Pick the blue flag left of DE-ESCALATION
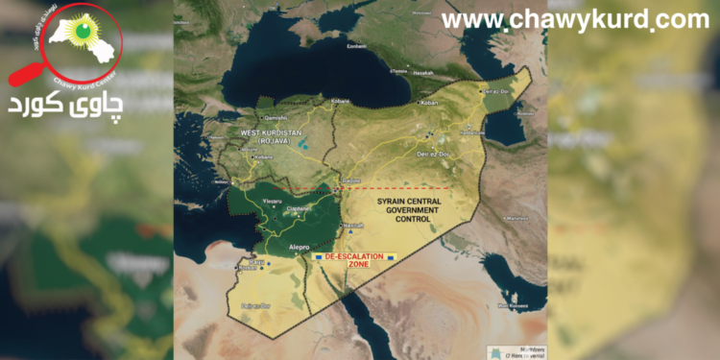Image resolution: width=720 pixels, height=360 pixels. [319, 258]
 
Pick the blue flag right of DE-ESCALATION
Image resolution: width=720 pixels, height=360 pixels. [391, 258]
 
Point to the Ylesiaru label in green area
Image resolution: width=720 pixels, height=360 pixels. [272, 200]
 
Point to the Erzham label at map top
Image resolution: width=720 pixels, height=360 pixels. [355, 45]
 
